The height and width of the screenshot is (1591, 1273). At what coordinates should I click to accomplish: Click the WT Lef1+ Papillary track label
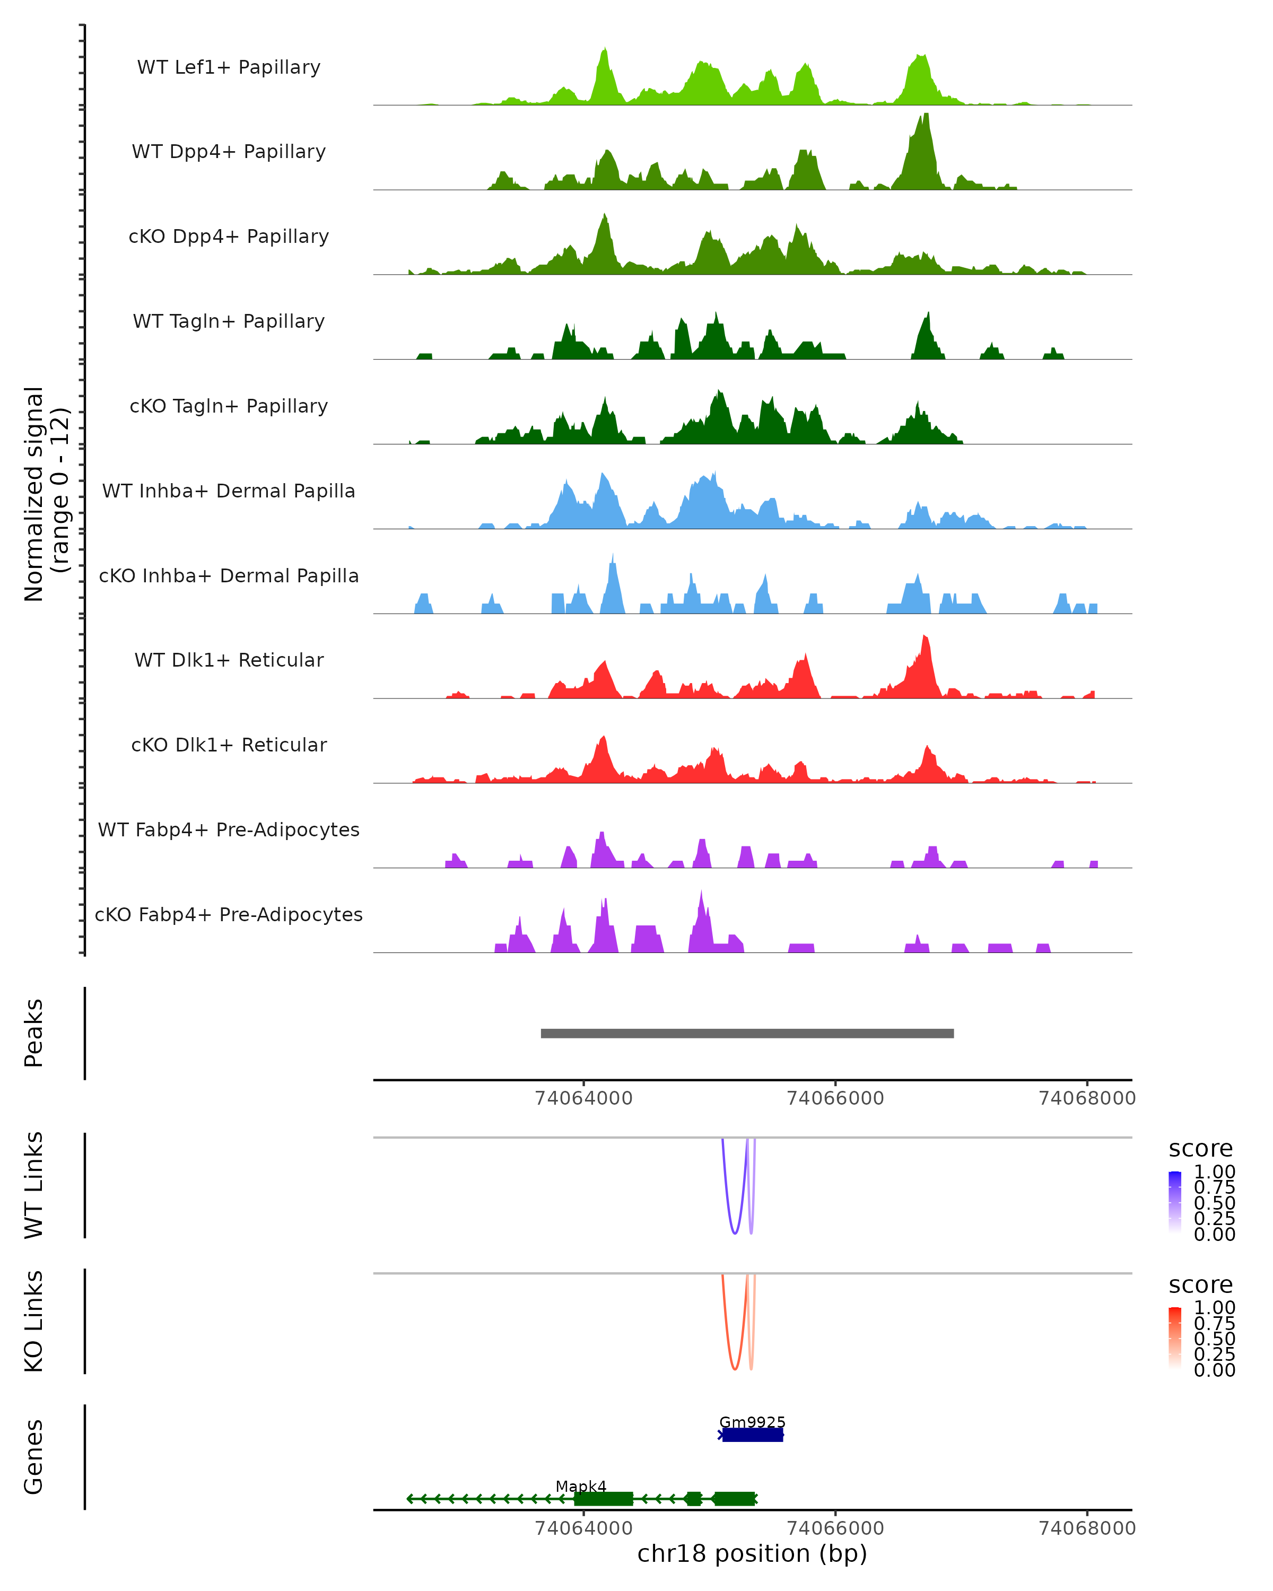229,67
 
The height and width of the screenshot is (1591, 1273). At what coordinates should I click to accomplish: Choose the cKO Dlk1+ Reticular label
229,745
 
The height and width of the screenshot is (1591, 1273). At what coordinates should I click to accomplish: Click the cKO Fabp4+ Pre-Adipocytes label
229,914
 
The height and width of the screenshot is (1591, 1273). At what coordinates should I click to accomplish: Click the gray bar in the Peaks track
747,1033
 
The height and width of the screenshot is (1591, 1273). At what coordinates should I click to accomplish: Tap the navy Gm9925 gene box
752,1435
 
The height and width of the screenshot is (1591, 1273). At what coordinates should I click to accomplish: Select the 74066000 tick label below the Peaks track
835,1098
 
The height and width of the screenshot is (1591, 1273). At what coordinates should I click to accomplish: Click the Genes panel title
34,1457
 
